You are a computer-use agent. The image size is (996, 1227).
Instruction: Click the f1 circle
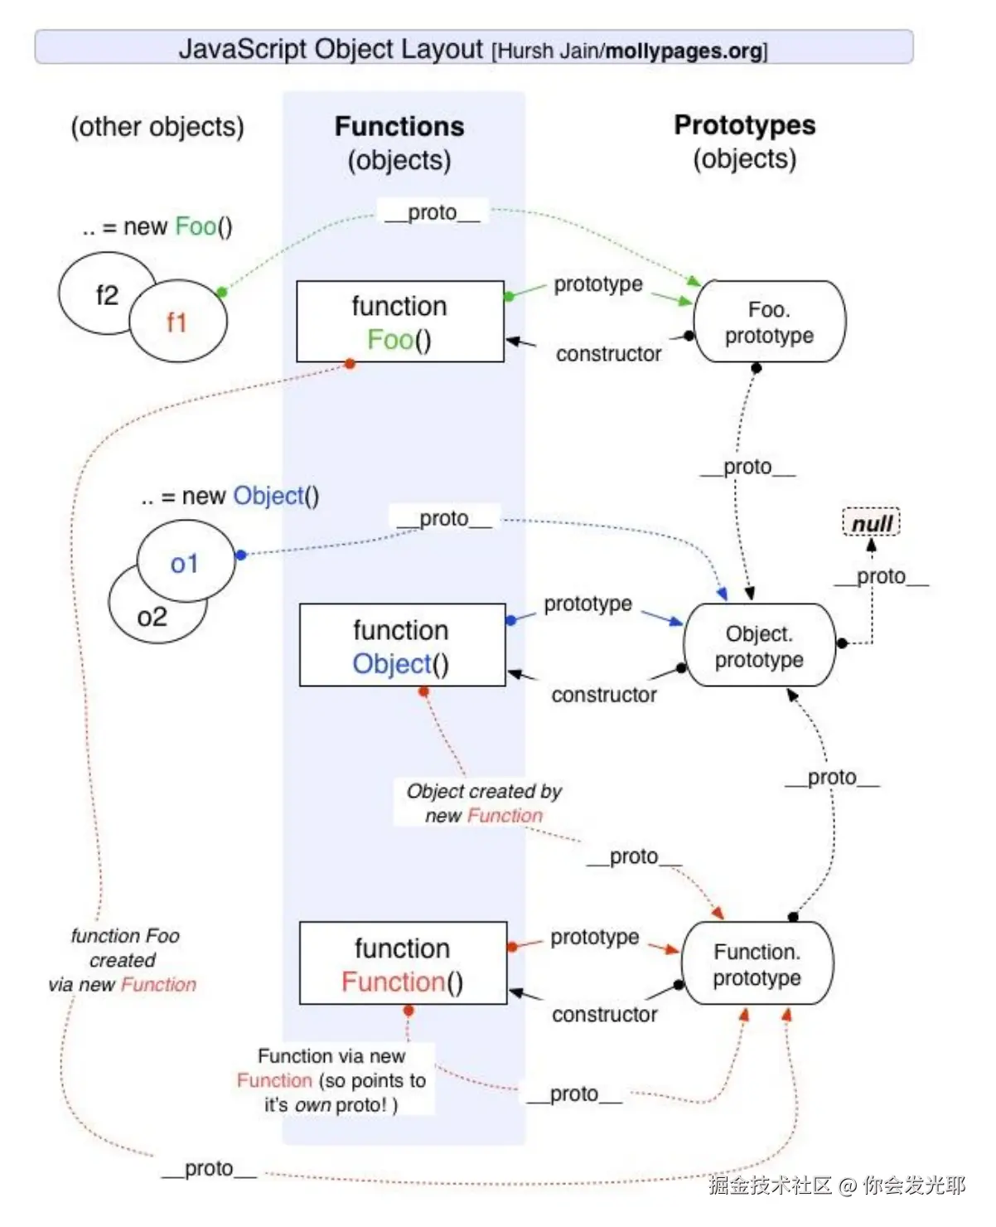tap(177, 322)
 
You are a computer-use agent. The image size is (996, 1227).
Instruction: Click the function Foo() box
tap(399, 322)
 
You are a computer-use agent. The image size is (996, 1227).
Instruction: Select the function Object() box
tap(401, 646)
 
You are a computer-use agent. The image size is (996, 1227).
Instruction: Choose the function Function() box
tap(403, 964)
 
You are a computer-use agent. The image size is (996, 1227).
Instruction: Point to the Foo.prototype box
tap(769, 322)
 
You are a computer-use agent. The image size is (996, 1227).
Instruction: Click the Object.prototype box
tap(759, 646)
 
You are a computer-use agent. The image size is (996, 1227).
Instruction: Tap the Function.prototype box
tap(757, 964)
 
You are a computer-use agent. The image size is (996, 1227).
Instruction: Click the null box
tap(871, 523)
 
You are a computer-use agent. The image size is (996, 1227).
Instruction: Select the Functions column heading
tap(399, 126)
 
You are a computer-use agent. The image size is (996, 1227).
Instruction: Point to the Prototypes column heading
tap(744, 125)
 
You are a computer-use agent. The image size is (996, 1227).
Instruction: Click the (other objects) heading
tap(157, 127)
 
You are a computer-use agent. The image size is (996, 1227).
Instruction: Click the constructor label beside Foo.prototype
tap(608, 354)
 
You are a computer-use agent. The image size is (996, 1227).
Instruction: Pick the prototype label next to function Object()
tap(587, 604)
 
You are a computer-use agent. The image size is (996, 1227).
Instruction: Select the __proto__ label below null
tap(881, 576)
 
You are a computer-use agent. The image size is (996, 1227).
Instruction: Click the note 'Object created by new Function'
tap(484, 803)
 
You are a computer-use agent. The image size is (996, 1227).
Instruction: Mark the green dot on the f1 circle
tap(221, 292)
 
